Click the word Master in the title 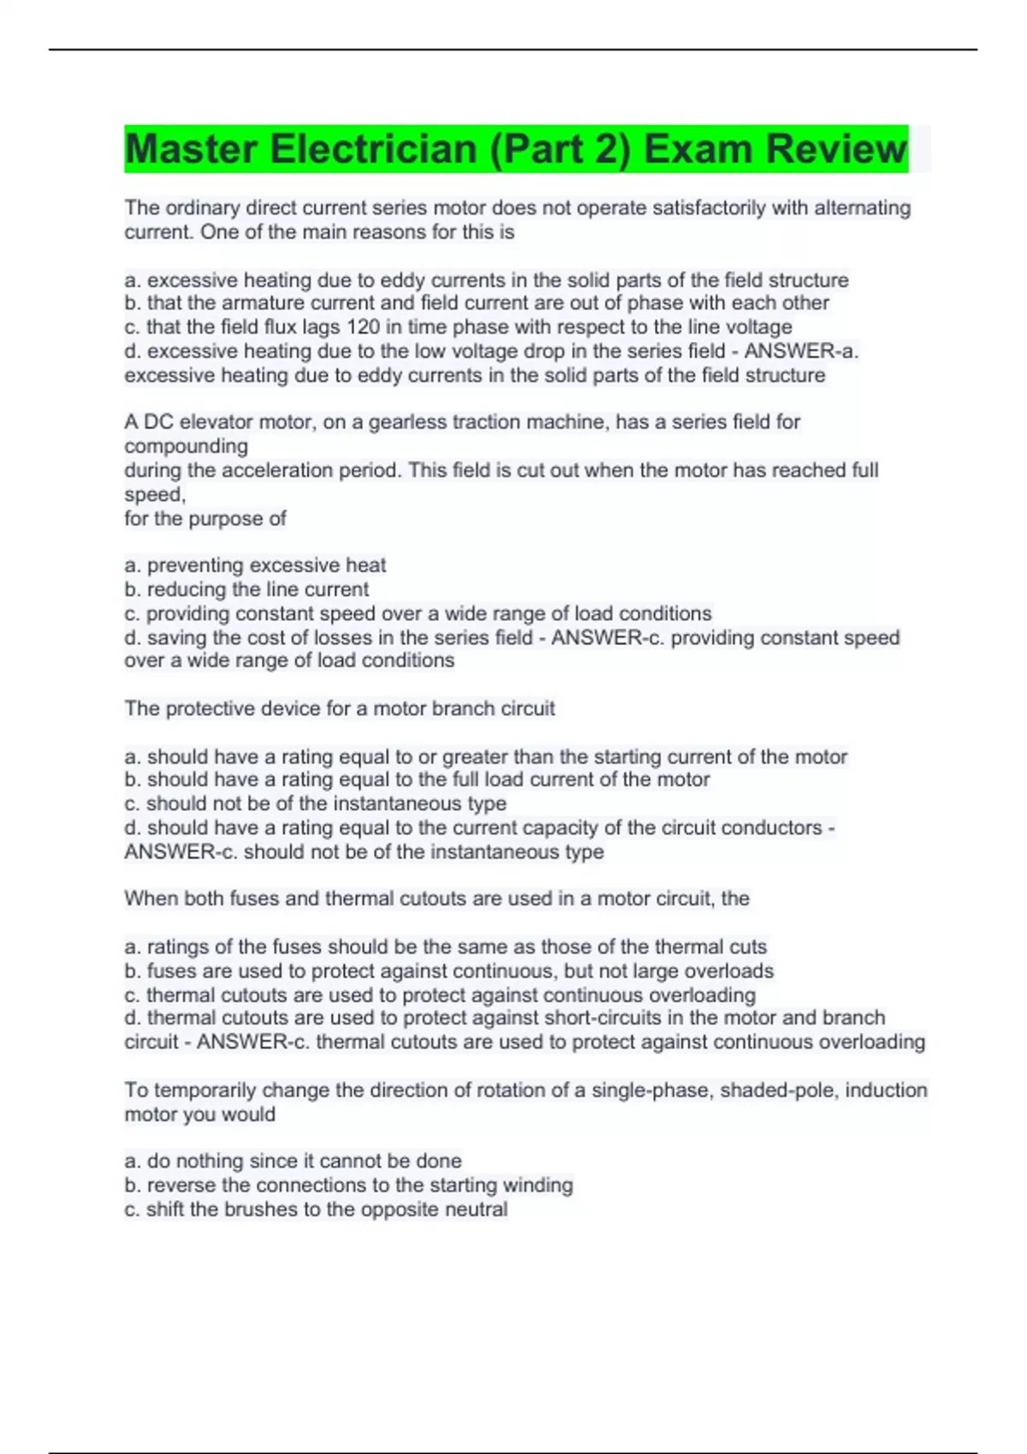(x=191, y=149)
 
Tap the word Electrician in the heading (x=373, y=149)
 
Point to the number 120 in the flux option (x=363, y=327)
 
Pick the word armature (x=260, y=303)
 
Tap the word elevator (x=216, y=422)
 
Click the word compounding (x=187, y=446)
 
